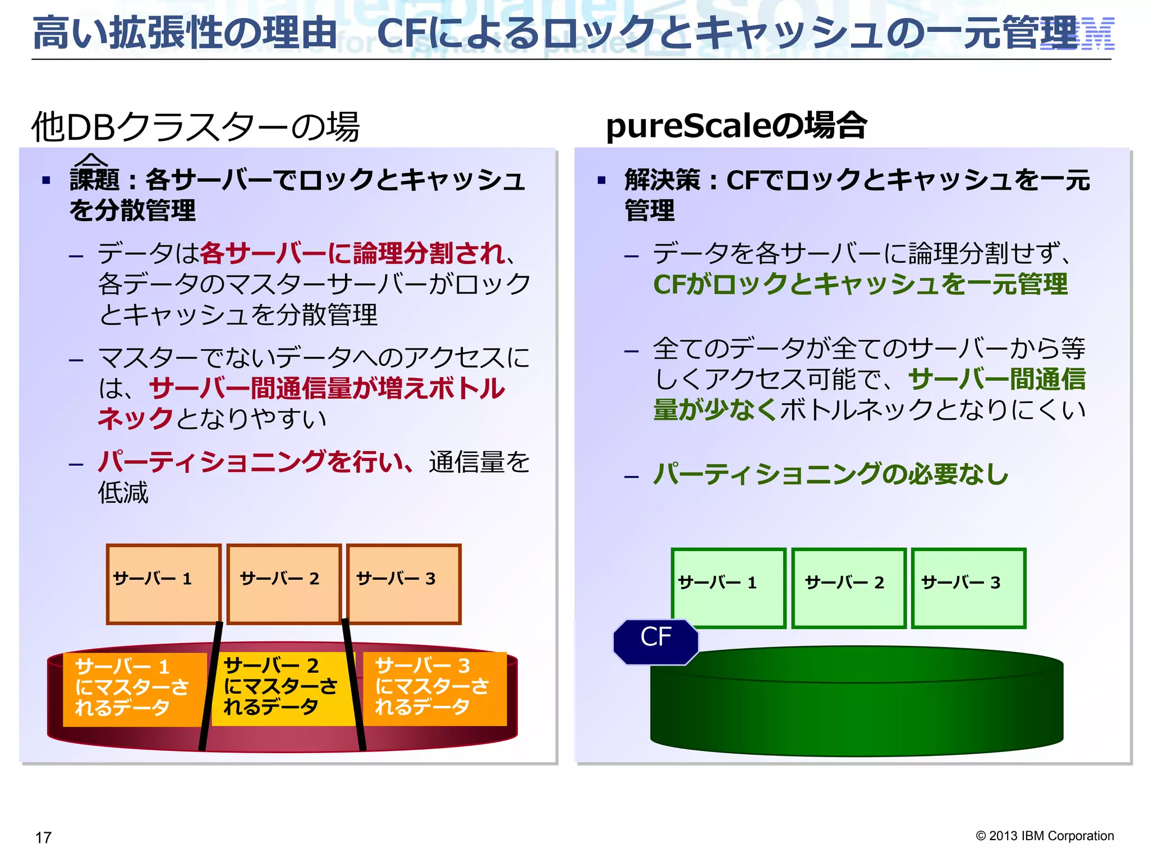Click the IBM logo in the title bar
[1077, 34]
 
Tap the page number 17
[43, 837]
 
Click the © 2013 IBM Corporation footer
[1044, 836]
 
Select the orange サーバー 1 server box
[163, 584]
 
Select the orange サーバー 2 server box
[284, 584]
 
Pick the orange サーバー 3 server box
[403, 584]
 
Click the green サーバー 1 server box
[728, 588]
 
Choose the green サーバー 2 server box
[849, 588]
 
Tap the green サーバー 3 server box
[968, 588]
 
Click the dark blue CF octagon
[656, 641]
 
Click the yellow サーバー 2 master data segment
[281, 687]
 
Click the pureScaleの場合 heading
[736, 125]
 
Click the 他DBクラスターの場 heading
[195, 126]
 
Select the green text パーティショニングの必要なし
[830, 474]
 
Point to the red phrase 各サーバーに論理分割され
[352, 253]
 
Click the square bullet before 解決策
[601, 181]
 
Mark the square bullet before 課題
[46, 181]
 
